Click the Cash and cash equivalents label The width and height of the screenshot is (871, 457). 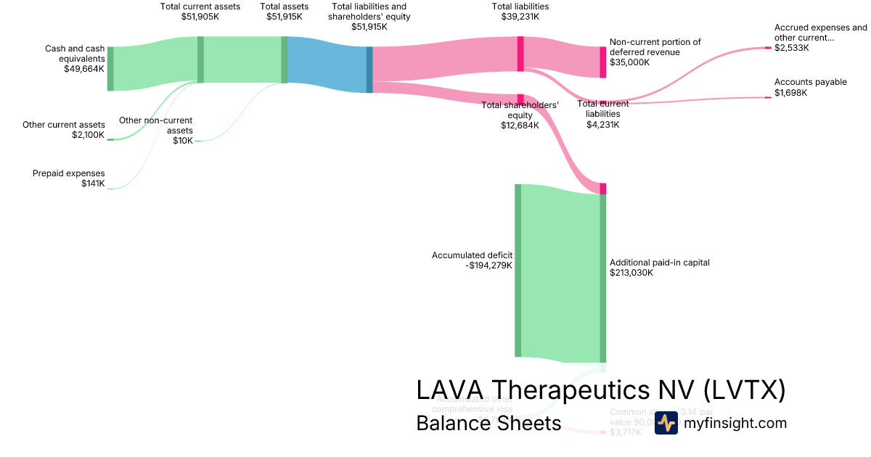[x=75, y=53]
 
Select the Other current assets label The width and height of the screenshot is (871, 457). [x=63, y=125]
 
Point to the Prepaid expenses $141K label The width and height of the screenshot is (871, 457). [x=69, y=178]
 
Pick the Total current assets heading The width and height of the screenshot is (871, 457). [x=200, y=7]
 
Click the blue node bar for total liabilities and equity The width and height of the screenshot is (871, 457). [x=369, y=70]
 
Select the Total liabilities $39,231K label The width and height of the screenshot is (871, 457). [x=520, y=12]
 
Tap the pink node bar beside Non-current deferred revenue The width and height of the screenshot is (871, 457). [x=602, y=62]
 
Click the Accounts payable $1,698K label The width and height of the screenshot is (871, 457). [x=810, y=87]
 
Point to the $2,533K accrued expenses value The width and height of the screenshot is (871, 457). [x=792, y=48]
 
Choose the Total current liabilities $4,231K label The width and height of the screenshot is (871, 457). [x=603, y=114]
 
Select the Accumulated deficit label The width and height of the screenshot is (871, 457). [x=473, y=255]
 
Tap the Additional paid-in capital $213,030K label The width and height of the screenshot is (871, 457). [x=659, y=268]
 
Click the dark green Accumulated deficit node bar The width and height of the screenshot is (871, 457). [x=518, y=271]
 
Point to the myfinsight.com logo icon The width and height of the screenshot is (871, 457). [x=666, y=423]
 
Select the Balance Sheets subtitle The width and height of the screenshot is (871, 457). [x=488, y=423]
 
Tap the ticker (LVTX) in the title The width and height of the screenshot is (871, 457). [x=744, y=390]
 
